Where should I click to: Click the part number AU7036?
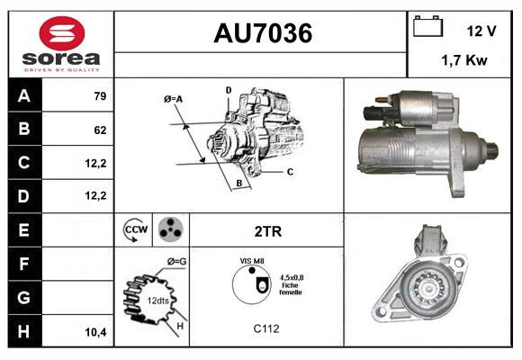pos(262,34)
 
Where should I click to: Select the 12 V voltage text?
pos(481,31)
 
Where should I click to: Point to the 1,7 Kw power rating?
pos(465,61)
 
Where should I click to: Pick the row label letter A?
pos(23,96)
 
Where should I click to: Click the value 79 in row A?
pos(100,96)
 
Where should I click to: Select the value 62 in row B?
pos(100,130)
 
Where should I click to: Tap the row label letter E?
pos(23,230)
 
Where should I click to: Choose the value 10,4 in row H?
pos(96,331)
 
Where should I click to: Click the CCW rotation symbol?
pos(136,230)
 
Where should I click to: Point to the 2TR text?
pos(268,231)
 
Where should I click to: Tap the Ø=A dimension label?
pos(174,98)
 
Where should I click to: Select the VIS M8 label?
pos(251,260)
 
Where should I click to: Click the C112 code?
pos(266,329)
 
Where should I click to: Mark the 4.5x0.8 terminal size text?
pos(290,277)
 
